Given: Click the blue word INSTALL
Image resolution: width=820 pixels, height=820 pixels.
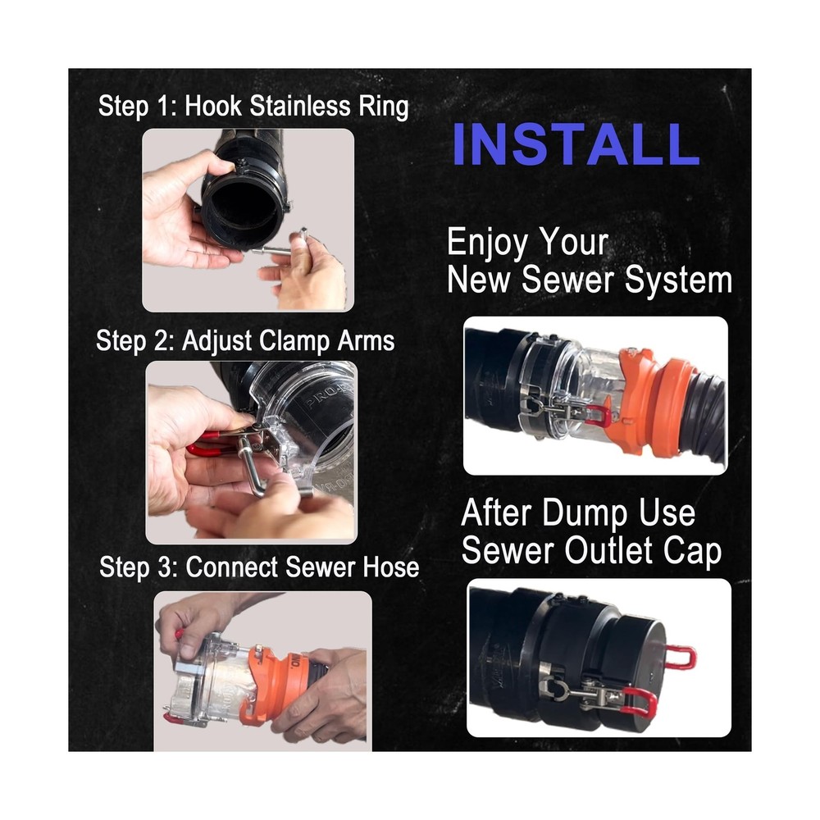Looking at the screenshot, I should pos(575,144).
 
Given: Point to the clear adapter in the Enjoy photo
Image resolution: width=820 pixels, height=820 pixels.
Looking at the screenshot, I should pos(574,385).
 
